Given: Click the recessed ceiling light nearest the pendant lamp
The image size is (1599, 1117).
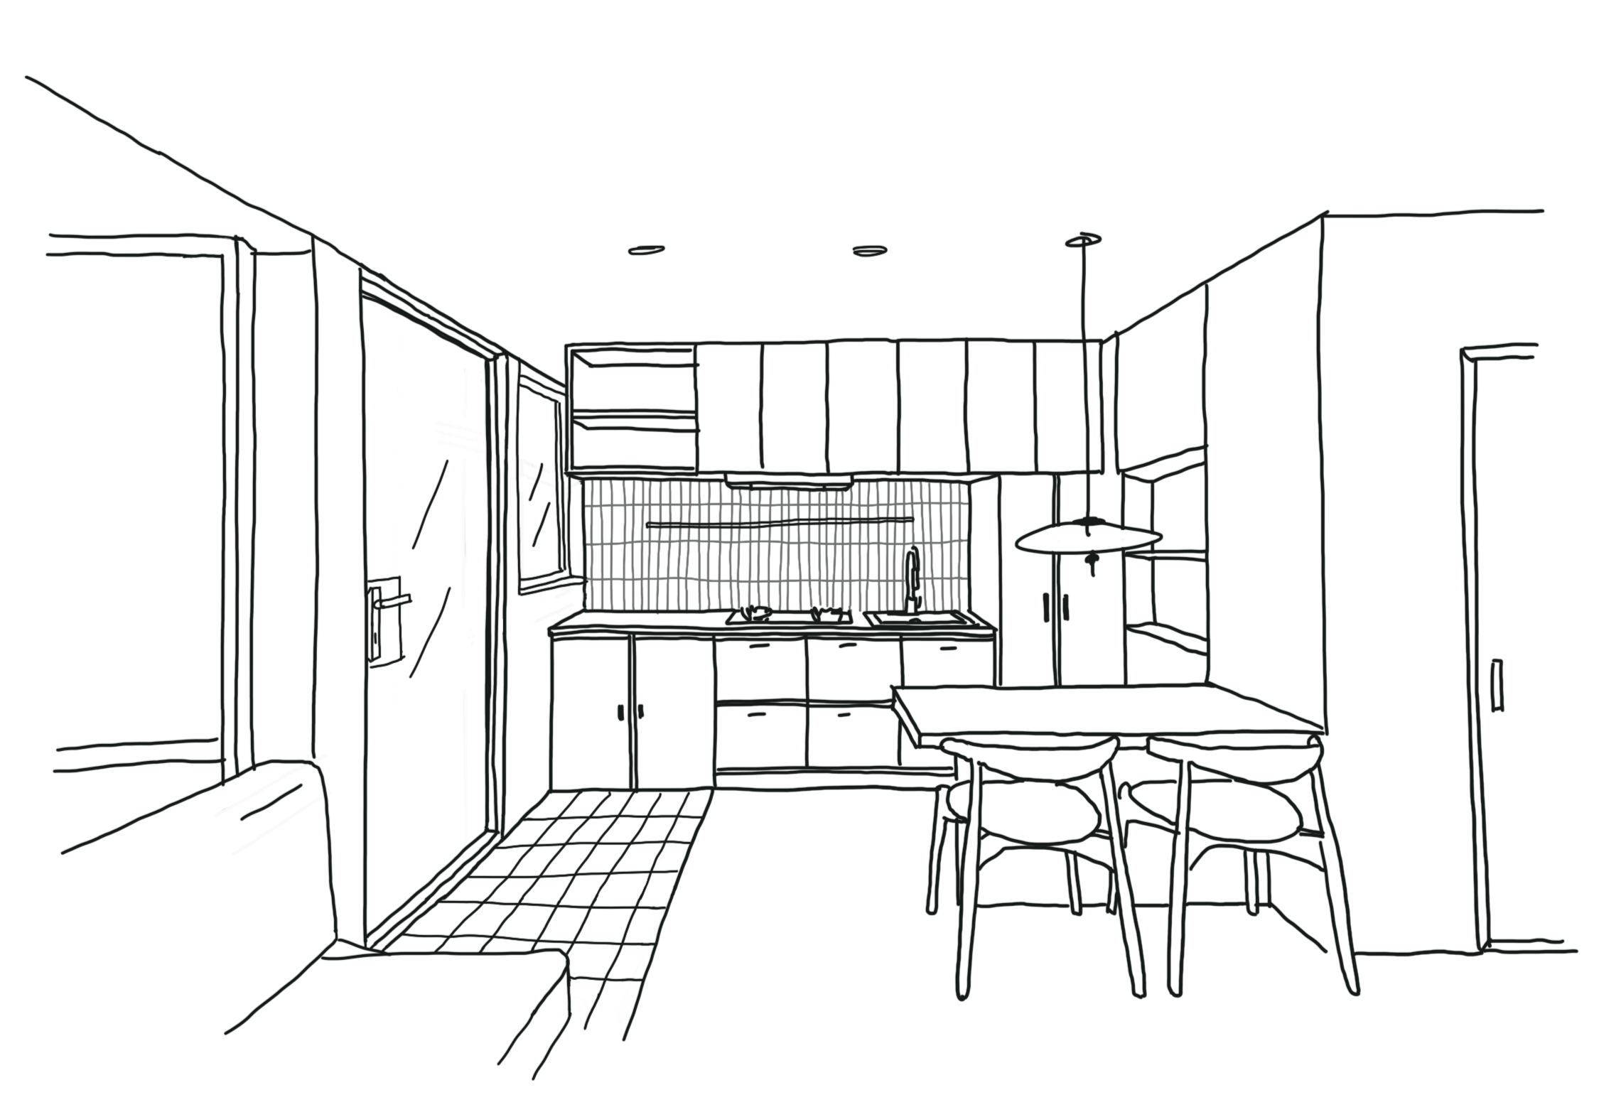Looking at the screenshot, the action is coord(869,249).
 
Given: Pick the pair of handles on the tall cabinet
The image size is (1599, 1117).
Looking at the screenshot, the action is coord(1055,608).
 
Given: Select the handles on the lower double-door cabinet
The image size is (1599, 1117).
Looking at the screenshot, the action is coord(630,711).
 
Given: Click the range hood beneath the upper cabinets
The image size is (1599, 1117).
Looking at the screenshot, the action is coord(789,482).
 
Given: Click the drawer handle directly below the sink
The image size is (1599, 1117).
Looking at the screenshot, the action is coord(949,648).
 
